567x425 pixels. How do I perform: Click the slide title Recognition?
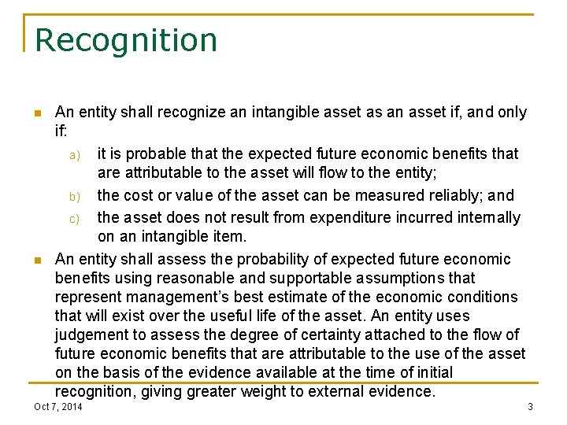tap(126, 40)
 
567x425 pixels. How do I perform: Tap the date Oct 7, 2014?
tap(58, 406)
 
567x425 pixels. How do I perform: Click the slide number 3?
tap(530, 406)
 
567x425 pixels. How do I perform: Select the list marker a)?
tap(75, 154)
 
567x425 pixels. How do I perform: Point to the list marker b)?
tap(75, 196)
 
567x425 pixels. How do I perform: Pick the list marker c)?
tap(75, 218)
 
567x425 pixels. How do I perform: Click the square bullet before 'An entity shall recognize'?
tap(36, 113)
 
